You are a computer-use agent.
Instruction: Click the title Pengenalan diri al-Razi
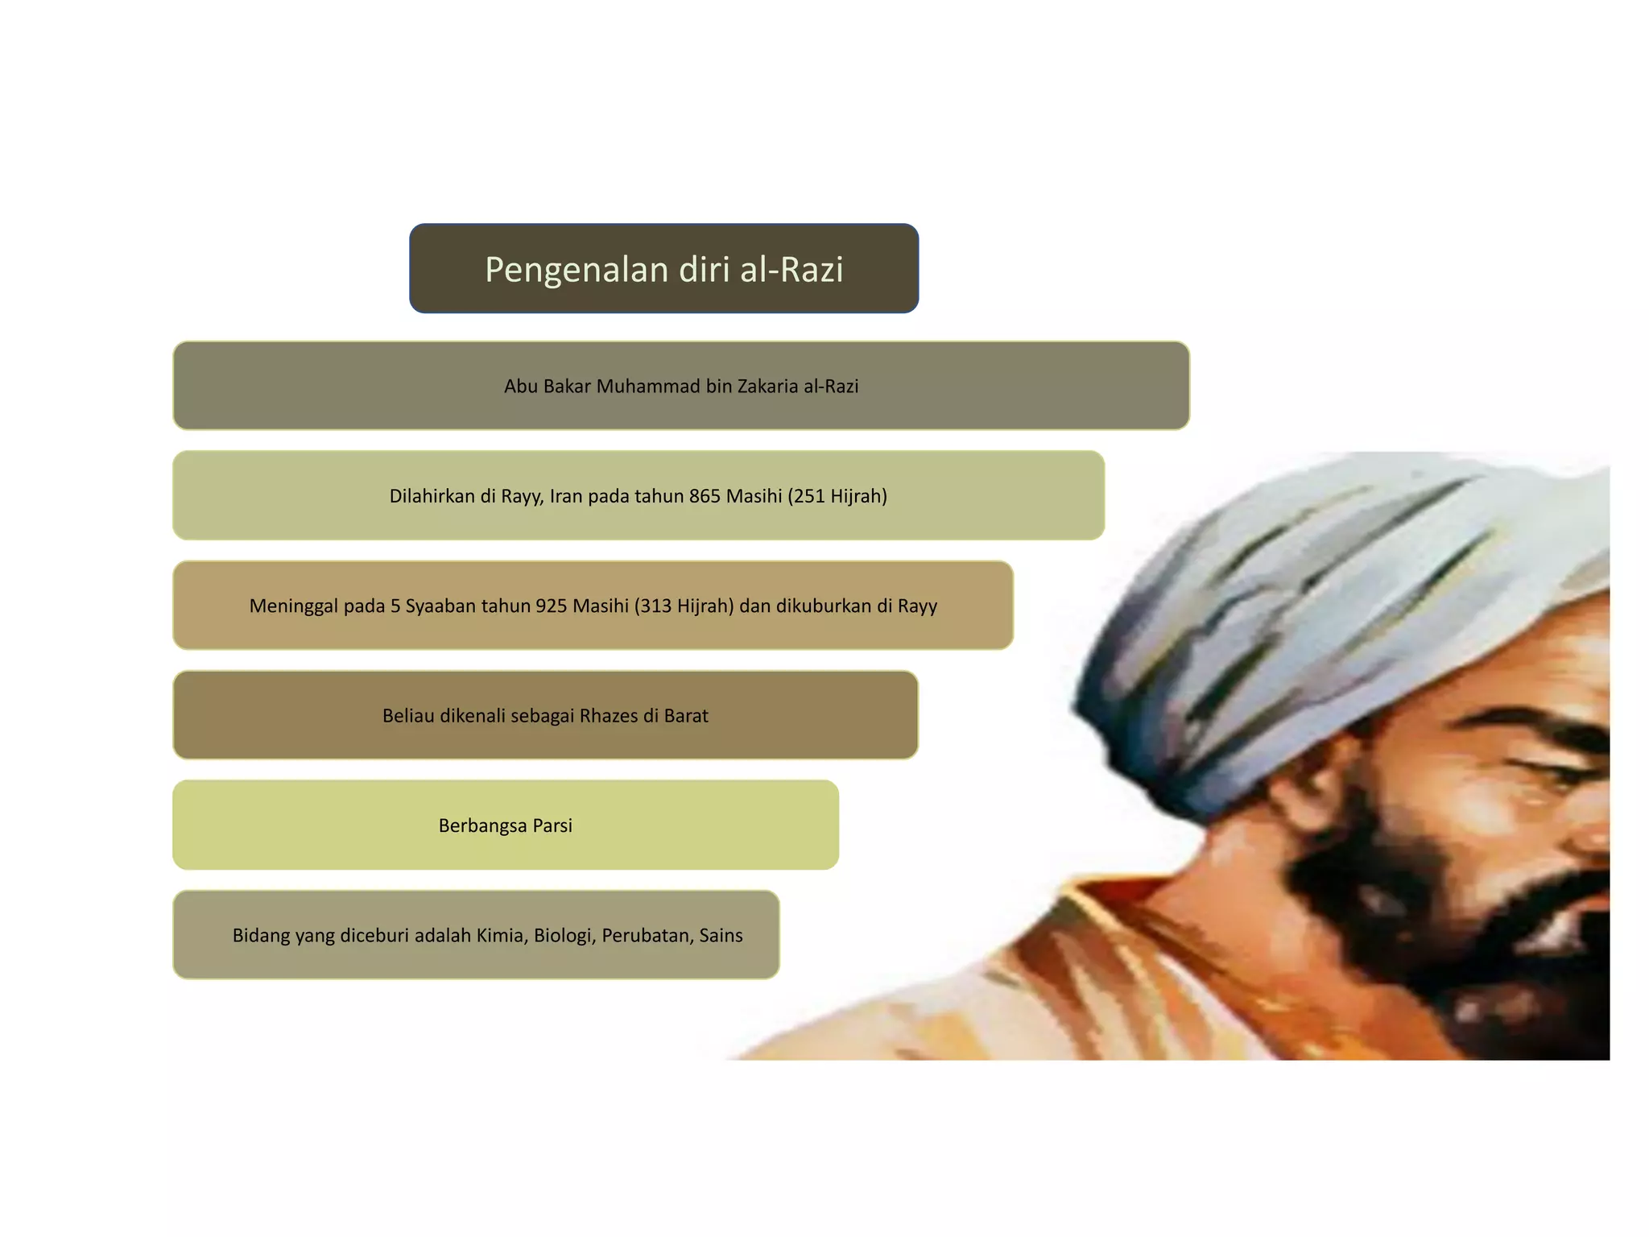click(x=663, y=269)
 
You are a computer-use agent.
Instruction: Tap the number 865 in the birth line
click(x=705, y=496)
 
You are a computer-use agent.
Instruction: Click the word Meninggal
click(x=293, y=606)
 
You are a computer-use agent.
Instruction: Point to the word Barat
click(x=686, y=716)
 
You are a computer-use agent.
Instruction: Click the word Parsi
click(x=552, y=826)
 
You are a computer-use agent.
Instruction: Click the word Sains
click(x=721, y=936)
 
